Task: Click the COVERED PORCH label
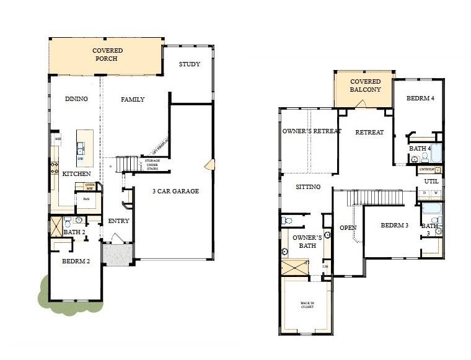point(107,55)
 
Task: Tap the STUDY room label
point(189,64)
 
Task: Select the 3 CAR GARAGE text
point(176,191)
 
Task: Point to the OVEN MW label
point(89,187)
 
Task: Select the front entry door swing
point(116,239)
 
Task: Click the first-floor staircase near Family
point(126,164)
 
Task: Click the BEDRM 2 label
point(76,261)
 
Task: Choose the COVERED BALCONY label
point(365,86)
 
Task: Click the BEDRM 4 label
point(420,99)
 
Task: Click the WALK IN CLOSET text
point(307,304)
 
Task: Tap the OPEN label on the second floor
point(348,228)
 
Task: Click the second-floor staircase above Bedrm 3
point(374,198)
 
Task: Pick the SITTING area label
point(307,187)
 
